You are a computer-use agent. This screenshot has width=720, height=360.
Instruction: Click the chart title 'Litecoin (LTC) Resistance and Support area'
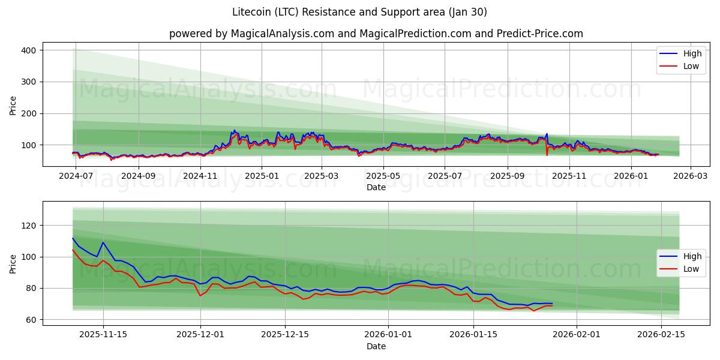pyautogui.click(x=359, y=12)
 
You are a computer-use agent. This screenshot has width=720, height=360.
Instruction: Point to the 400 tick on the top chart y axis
pyautogui.click(x=28, y=50)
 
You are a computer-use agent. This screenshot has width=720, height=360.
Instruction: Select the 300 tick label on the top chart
pyautogui.click(x=28, y=82)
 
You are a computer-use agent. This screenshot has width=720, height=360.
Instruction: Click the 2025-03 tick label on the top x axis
pyautogui.click(x=322, y=176)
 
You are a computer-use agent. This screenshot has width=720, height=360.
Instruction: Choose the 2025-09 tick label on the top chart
pyautogui.click(x=508, y=176)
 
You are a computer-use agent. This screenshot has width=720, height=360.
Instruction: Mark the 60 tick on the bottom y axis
pyautogui.click(x=31, y=320)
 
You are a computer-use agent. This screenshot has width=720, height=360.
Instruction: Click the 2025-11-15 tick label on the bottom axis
pyautogui.click(x=103, y=334)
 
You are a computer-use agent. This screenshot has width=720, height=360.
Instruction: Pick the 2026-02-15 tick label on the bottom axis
pyautogui.click(x=661, y=334)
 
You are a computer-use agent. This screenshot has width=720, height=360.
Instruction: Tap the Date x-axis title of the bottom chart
pyautogui.click(x=376, y=346)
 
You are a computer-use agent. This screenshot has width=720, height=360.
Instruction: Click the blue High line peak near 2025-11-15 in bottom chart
pyautogui.click(x=103, y=242)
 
